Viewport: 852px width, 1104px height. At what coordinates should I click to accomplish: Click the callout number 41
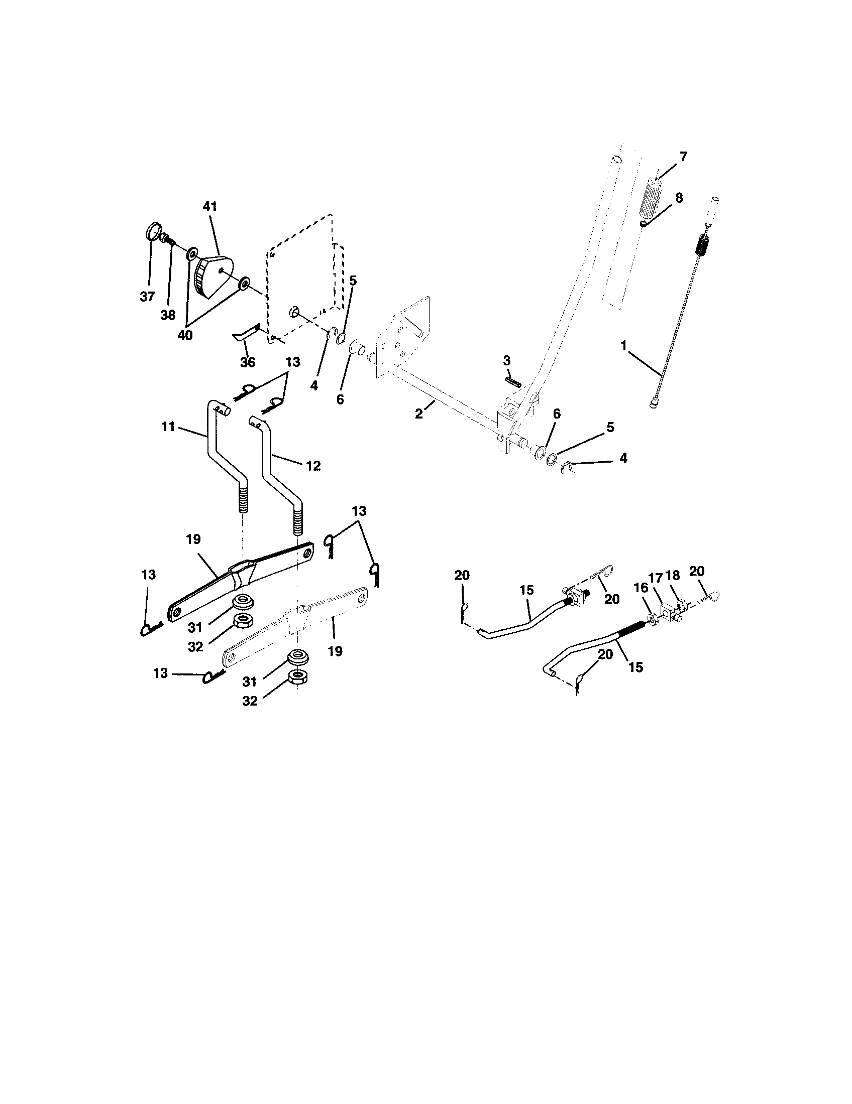click(209, 207)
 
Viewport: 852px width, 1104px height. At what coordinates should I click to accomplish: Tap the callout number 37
click(147, 297)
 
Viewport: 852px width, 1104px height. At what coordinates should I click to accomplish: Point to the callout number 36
click(247, 362)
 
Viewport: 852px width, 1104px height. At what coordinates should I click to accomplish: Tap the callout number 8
click(679, 198)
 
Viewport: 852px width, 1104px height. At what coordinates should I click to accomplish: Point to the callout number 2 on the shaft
click(419, 413)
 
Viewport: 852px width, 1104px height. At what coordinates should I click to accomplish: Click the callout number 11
click(168, 427)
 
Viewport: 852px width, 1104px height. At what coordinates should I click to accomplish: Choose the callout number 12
click(313, 466)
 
